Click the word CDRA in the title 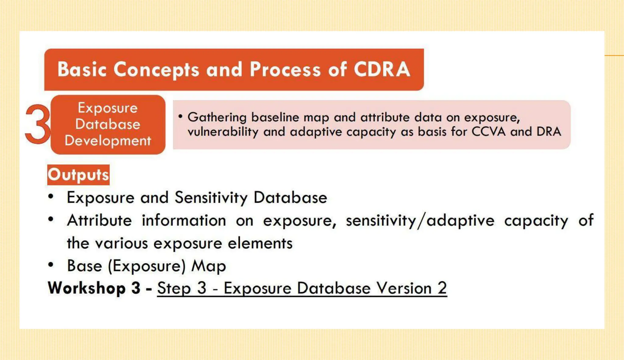pyautogui.click(x=382, y=69)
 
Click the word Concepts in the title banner pyautogui.click(x=156, y=70)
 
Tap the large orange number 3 pyautogui.click(x=37, y=124)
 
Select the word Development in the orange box pyautogui.click(x=108, y=141)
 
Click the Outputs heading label pyautogui.click(x=78, y=175)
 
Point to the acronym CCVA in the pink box pyautogui.click(x=489, y=132)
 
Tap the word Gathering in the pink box pyautogui.click(x=217, y=118)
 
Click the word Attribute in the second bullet pyautogui.click(x=99, y=221)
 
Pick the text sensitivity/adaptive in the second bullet pyautogui.click(x=420, y=221)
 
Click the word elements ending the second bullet pyautogui.click(x=260, y=243)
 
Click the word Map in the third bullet pyautogui.click(x=209, y=266)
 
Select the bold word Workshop pyautogui.click(x=87, y=288)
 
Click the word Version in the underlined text pyautogui.click(x=404, y=288)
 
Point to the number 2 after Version pyautogui.click(x=442, y=288)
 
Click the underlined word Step pyautogui.click(x=174, y=288)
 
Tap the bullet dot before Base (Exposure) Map pyautogui.click(x=51, y=265)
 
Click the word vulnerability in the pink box pyautogui.click(x=223, y=132)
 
